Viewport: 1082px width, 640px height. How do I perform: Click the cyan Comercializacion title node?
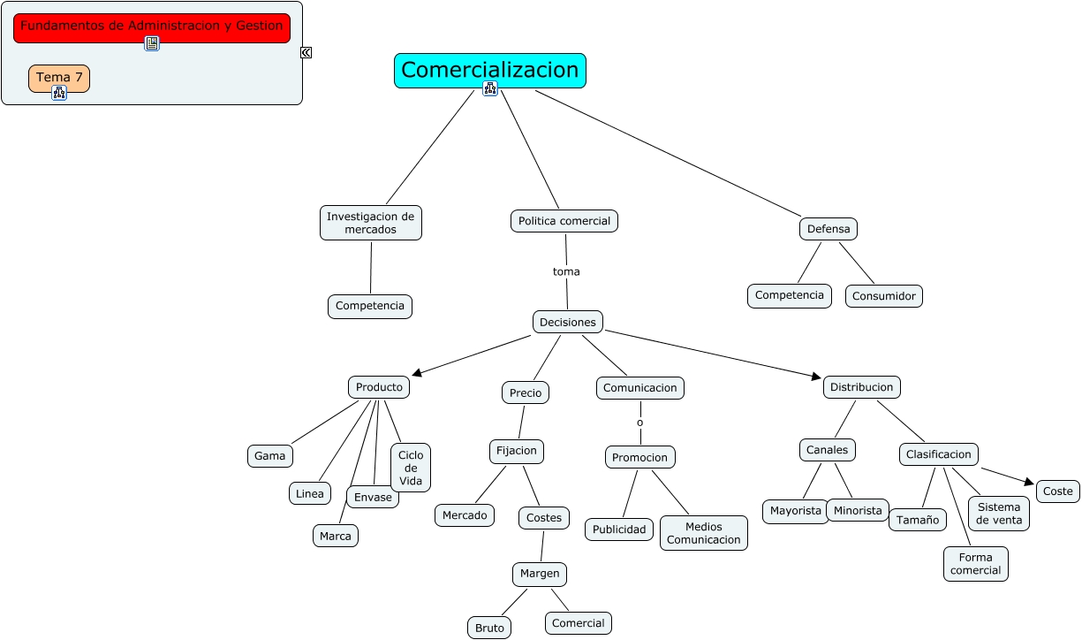pyautogui.click(x=489, y=70)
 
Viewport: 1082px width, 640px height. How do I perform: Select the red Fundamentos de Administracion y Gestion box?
pyautogui.click(x=152, y=27)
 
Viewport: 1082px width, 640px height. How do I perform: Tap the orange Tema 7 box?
pyautogui.click(x=59, y=78)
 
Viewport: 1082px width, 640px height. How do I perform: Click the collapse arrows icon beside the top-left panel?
pyautogui.click(x=306, y=52)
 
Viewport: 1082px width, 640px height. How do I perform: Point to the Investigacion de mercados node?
pyautogui.click(x=370, y=223)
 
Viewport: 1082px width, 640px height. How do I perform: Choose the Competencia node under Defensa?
pyautogui.click(x=790, y=295)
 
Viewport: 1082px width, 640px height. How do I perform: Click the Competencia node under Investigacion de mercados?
pyautogui.click(x=370, y=307)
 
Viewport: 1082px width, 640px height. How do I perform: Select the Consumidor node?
pyautogui.click(x=883, y=296)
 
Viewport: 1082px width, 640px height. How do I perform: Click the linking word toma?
pyautogui.click(x=566, y=271)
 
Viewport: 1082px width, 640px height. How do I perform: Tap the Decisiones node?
pyautogui.click(x=568, y=322)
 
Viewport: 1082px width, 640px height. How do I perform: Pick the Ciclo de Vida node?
pyautogui.click(x=411, y=468)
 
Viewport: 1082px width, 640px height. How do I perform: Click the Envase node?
pyautogui.click(x=373, y=497)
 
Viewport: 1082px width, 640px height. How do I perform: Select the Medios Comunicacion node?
pyautogui.click(x=703, y=533)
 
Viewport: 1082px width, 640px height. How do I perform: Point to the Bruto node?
pyautogui.click(x=489, y=628)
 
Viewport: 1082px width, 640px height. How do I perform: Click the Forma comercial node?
pyautogui.click(x=975, y=564)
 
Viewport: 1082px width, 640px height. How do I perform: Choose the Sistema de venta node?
pyautogui.click(x=999, y=514)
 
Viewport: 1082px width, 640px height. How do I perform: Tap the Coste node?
pyautogui.click(x=1057, y=491)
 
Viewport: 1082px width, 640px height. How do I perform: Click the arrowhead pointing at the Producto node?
pyautogui.click(x=417, y=374)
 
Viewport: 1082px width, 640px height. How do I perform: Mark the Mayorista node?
pyautogui.click(x=796, y=511)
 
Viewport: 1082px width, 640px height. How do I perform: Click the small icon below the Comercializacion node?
pyautogui.click(x=490, y=88)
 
